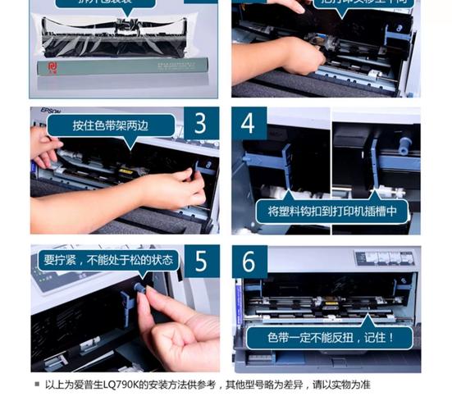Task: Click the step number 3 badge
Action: click(201, 124)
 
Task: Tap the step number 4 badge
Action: click(249, 124)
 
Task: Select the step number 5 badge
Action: click(201, 261)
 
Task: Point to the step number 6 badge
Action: click(249, 262)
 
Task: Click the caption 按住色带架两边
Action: click(112, 125)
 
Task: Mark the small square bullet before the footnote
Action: click(37, 384)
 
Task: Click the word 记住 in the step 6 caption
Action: click(377, 336)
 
